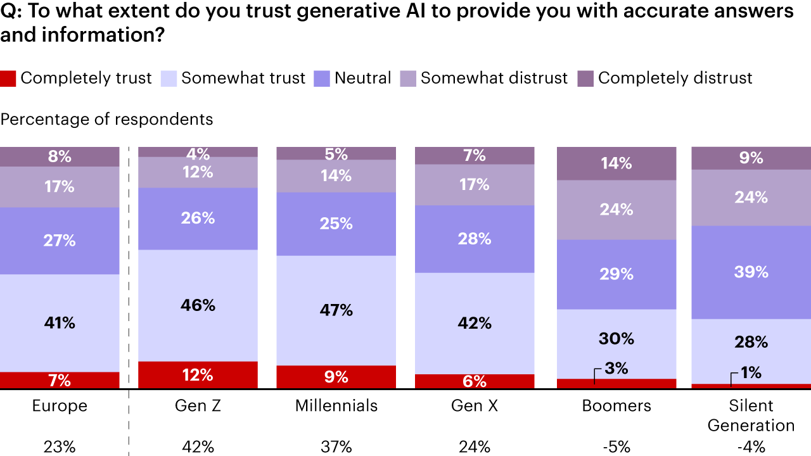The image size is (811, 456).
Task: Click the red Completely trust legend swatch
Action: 8,79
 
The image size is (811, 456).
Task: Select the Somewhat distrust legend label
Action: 494,78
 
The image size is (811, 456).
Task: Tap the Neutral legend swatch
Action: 322,79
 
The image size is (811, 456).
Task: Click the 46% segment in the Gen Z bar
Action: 198,305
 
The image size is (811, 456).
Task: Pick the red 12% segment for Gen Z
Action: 198,375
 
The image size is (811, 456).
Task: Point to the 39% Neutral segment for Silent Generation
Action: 751,272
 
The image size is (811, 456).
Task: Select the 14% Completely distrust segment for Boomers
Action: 616,163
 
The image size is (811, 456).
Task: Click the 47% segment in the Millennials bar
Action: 336,310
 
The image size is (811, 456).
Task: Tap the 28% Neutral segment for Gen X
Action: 475,239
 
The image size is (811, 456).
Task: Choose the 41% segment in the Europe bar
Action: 60,323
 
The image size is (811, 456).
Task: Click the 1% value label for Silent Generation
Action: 751,372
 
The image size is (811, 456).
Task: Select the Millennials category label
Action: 336,406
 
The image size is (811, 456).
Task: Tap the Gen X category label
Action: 475,406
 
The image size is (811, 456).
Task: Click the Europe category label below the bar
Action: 60,406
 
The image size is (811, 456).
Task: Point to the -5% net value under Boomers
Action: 616,446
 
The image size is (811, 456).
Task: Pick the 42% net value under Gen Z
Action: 198,446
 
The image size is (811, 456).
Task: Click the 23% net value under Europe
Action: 60,446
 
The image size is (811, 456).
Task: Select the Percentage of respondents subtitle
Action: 107,119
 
